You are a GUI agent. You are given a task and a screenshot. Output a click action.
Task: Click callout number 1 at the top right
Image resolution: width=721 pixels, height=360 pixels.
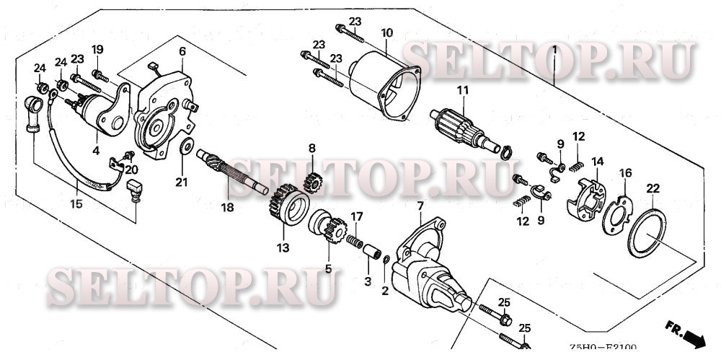[554, 51]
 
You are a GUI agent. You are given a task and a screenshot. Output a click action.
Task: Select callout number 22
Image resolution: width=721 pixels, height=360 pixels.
[653, 189]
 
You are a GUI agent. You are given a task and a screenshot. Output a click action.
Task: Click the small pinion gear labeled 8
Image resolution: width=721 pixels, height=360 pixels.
[312, 180]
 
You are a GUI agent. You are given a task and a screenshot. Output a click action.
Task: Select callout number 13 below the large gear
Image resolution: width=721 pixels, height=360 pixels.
[281, 248]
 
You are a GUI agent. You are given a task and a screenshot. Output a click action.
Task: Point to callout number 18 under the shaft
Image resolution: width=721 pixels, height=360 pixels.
[228, 208]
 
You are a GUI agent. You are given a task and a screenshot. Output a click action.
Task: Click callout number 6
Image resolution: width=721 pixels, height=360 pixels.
[182, 51]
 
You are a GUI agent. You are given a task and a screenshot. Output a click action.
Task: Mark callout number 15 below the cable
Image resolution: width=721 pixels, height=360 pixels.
[76, 203]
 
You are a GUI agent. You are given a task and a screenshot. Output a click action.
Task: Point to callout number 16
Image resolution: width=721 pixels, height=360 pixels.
[625, 172]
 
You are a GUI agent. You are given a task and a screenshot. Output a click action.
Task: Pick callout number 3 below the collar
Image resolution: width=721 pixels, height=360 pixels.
[368, 281]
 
